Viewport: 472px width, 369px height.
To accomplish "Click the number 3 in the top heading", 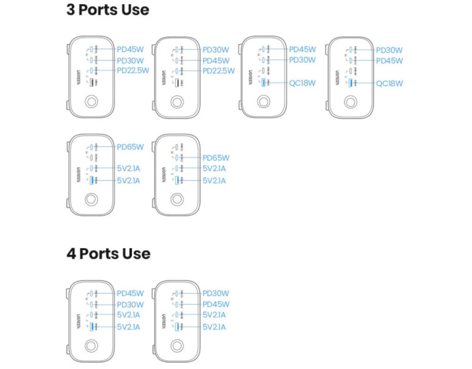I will click(x=71, y=10).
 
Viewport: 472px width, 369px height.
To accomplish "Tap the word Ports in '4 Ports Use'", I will click(x=100, y=254).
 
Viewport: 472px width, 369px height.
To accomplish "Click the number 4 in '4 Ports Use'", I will click(x=71, y=254).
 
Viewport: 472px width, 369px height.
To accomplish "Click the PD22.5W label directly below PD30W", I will click(x=133, y=71).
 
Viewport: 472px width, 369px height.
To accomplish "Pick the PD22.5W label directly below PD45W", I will click(x=218, y=71).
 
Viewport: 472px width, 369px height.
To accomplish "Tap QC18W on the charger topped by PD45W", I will click(x=303, y=83).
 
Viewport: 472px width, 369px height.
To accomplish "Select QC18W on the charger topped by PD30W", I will click(x=389, y=83).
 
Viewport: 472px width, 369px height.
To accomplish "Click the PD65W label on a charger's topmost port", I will click(x=130, y=147).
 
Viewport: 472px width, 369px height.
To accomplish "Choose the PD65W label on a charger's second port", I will click(x=216, y=158).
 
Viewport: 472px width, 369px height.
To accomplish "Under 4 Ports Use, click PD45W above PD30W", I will click(x=130, y=293).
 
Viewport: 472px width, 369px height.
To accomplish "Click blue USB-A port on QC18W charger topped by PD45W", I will click(x=263, y=83).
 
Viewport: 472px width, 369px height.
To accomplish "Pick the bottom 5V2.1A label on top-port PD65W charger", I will click(x=128, y=180).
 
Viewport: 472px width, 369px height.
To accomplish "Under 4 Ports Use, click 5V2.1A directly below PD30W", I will click(x=128, y=315).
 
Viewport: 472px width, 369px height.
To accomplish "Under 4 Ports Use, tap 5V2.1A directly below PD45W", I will click(x=214, y=315).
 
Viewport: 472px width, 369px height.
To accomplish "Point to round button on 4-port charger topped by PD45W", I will click(x=91, y=346).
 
